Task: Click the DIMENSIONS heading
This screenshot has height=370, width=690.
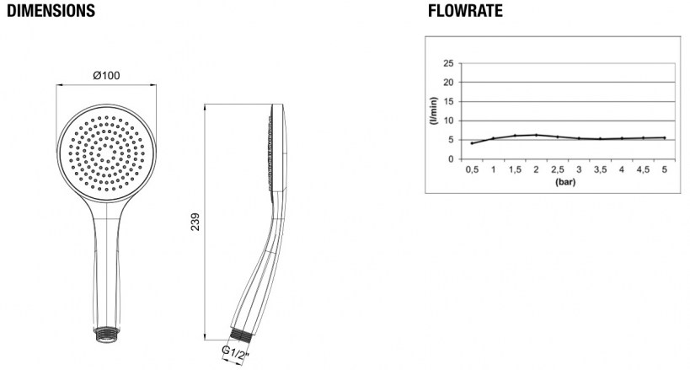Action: click(x=51, y=11)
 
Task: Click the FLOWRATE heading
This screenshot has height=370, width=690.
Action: click(x=465, y=11)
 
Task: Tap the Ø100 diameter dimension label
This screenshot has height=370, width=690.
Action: click(x=106, y=76)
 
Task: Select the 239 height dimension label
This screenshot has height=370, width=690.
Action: click(x=195, y=222)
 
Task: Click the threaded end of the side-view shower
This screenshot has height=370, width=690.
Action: click(x=241, y=335)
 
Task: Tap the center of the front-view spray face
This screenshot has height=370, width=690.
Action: click(x=106, y=153)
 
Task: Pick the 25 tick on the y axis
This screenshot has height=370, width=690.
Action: click(x=448, y=63)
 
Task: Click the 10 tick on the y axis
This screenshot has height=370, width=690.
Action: click(x=448, y=121)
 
